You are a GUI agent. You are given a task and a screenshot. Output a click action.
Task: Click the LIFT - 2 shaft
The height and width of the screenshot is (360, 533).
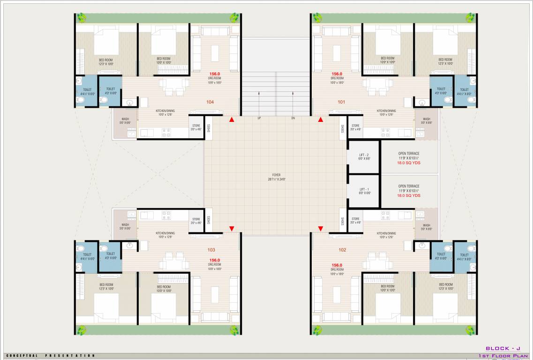coord(363,157)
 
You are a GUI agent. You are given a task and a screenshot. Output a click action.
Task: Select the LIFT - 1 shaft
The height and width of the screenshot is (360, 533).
coord(363,191)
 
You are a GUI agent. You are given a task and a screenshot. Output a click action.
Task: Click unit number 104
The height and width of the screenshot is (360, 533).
coord(210,101)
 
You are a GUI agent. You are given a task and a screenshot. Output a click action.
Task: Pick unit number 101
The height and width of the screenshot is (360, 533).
coord(341,101)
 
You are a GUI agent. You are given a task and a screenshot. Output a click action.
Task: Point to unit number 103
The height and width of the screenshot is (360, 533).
coord(211,250)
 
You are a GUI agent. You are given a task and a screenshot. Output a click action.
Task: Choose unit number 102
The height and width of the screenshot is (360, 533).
coord(342,250)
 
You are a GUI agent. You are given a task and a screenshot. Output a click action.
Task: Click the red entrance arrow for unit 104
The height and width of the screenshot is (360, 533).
coord(232,120)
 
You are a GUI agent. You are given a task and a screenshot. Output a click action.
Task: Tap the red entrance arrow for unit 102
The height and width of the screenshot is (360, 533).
coord(321,229)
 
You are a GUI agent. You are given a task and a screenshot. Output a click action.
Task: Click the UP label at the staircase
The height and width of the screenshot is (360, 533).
coord(259,118)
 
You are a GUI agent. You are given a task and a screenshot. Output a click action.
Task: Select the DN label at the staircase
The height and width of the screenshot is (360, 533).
coord(293,118)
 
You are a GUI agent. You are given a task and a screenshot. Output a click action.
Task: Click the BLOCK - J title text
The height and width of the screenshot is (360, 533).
coord(503,348)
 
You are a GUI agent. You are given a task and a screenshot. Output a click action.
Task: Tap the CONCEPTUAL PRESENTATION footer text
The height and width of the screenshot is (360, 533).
coord(50,356)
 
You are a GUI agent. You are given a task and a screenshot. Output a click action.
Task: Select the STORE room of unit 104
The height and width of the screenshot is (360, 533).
coord(196,127)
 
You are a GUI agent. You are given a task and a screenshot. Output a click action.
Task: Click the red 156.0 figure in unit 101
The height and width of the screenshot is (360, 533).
coord(337,74)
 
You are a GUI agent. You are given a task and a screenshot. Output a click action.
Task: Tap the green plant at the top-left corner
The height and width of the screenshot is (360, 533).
coord(82,18)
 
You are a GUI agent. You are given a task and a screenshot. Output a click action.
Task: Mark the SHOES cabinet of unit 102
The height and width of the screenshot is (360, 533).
coord(343,220)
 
